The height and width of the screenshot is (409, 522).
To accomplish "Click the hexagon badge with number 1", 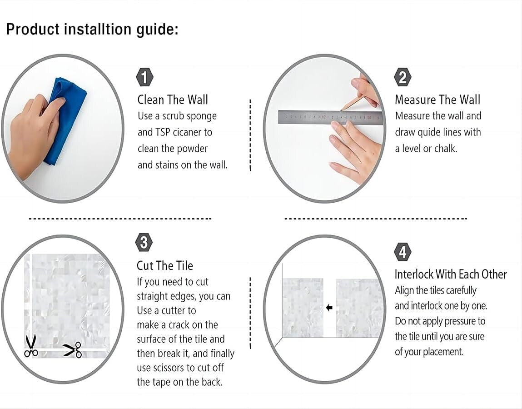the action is click(x=144, y=77).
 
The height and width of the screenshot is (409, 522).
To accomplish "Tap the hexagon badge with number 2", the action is click(x=403, y=77).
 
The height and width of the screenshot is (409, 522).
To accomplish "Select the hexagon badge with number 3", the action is click(x=144, y=243).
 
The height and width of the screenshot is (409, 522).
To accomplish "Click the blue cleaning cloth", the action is click(x=67, y=120).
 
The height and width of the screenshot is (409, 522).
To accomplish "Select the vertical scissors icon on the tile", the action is click(x=31, y=346).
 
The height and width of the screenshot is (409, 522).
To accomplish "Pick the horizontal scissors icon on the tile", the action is click(x=73, y=350).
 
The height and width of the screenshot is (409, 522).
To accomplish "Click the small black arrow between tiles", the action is click(x=329, y=308).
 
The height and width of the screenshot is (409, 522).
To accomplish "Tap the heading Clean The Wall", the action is click(x=173, y=100).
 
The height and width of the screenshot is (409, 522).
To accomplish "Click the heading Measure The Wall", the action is click(x=438, y=100).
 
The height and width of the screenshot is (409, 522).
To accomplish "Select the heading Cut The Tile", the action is click(x=165, y=265).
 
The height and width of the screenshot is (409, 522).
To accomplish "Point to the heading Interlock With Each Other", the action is click(x=451, y=274).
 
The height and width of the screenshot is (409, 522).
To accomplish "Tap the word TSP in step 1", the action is click(x=162, y=132).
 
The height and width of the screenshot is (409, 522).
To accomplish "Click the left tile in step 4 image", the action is click(x=303, y=308).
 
